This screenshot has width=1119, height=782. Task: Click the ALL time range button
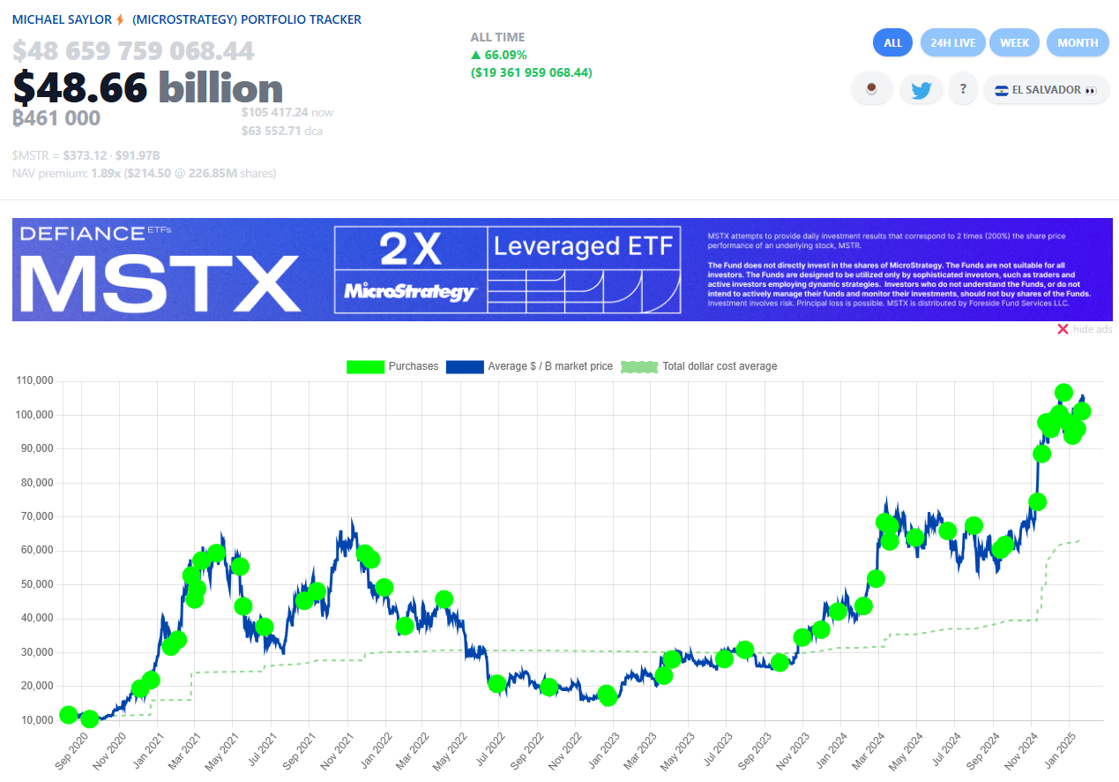coord(892,42)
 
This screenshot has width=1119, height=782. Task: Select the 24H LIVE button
coord(952,42)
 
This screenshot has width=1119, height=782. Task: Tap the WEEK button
coord(1014,42)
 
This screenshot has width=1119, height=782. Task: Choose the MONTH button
coord(1078,42)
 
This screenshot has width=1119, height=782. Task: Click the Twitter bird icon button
coord(921,89)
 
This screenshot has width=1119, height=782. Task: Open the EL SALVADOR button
coord(1045,89)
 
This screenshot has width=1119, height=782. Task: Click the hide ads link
coord(1085,329)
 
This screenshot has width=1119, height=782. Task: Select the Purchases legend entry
coord(392,366)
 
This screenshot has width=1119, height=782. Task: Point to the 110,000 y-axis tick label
coord(35,380)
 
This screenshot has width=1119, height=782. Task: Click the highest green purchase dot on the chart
coord(1063,393)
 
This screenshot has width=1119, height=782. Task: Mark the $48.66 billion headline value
coord(147,87)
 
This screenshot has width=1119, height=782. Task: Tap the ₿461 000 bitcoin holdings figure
coord(56,117)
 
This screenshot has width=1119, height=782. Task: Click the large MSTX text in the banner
coord(160,282)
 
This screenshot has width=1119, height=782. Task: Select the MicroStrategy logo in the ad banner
coord(410,290)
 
